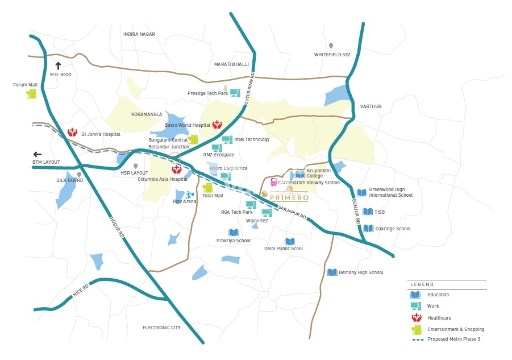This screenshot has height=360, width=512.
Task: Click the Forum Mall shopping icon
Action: click(31, 94)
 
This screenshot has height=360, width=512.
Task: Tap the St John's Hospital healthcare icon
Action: click(72, 133)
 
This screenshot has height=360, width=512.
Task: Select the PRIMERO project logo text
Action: click(289, 198)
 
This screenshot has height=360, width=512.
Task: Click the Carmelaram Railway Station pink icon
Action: click(274, 183)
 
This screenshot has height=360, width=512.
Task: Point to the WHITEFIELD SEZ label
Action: click(332, 55)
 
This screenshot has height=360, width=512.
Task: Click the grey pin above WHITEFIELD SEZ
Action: click(331, 45)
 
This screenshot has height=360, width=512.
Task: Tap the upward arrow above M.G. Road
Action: click(57, 66)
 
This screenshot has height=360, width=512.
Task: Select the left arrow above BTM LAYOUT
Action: click(38, 154)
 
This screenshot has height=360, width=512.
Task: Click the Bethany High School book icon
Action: click(332, 272)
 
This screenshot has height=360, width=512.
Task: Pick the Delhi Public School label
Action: click(284, 249)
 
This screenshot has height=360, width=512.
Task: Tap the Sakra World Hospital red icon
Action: click(217, 124)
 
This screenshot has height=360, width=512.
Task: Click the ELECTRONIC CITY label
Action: click(161, 328)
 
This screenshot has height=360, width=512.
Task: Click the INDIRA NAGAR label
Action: click(139, 34)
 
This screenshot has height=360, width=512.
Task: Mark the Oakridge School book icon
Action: click(368, 229)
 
